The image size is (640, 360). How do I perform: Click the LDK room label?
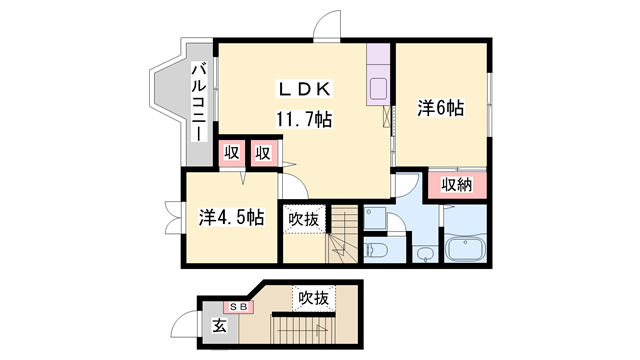[304, 89]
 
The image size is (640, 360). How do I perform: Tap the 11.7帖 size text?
[304, 119]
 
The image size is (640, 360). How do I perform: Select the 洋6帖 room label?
[440, 108]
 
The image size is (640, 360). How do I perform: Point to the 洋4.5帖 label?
[231, 217]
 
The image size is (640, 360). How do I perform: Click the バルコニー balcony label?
[199, 102]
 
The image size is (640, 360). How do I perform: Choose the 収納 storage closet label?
[457, 185]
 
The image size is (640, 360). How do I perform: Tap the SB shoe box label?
[238, 307]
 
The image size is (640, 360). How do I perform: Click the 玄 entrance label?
[219, 326]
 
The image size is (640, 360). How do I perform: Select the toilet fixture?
[373, 250]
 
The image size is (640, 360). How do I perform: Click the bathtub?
[465, 247]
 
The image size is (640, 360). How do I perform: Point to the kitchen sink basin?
[378, 88]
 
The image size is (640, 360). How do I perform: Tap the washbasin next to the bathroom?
[425, 253]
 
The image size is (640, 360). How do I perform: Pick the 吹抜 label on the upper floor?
[304, 219]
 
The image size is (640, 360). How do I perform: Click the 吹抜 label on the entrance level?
[313, 298]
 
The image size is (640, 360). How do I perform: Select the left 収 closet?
[231, 153]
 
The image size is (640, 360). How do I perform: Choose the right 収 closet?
[263, 153]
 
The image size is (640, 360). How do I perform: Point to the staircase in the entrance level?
[303, 329]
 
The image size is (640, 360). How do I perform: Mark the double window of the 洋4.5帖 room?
[173, 218]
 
